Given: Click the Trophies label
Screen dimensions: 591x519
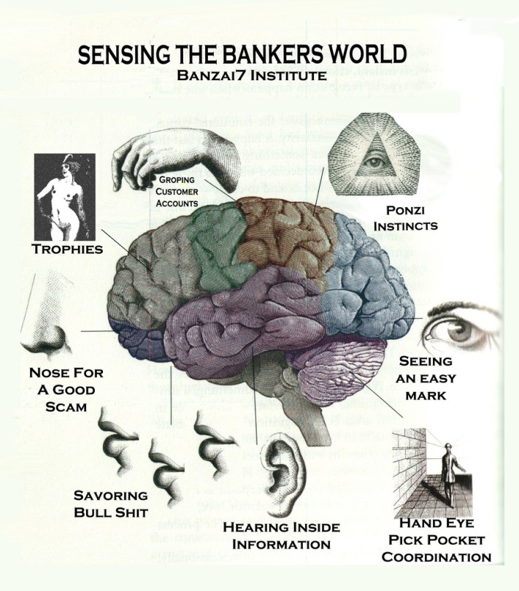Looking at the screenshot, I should click(x=66, y=250).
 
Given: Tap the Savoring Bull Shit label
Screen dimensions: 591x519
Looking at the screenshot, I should click(x=110, y=503).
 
